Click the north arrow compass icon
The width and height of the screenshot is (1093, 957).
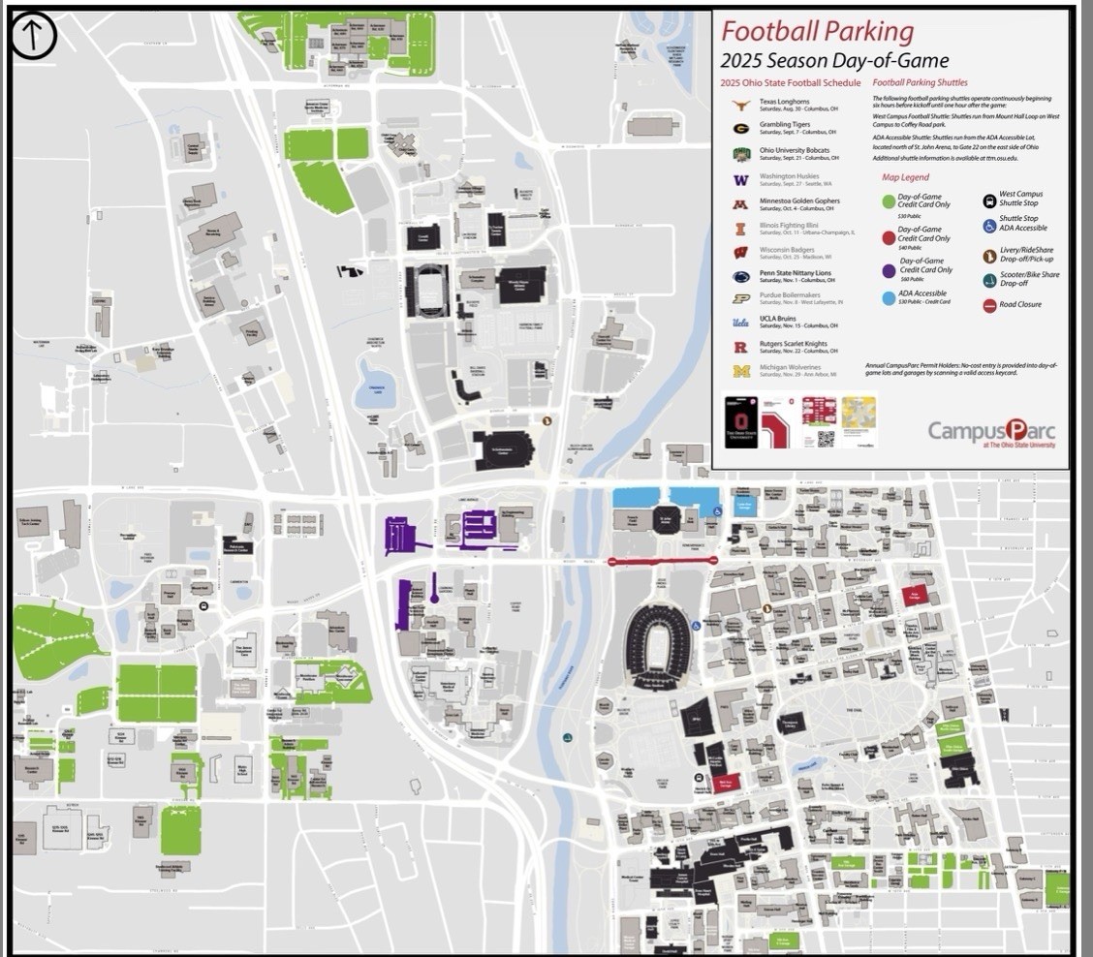(x=34, y=36)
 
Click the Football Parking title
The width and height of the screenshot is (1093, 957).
(x=818, y=31)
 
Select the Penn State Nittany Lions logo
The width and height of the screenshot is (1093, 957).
(x=740, y=276)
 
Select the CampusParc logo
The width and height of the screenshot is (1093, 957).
(x=991, y=431)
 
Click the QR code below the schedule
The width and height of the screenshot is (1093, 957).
(x=826, y=438)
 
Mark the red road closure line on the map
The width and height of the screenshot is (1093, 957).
(x=662, y=561)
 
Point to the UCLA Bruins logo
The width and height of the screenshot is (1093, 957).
(x=740, y=323)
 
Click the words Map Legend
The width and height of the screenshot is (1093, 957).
(x=905, y=177)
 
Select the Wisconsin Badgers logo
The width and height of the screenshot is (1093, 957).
(x=740, y=252)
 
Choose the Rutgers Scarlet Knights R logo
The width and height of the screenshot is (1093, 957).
(x=740, y=347)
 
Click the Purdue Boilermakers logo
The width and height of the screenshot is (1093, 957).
(x=740, y=299)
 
